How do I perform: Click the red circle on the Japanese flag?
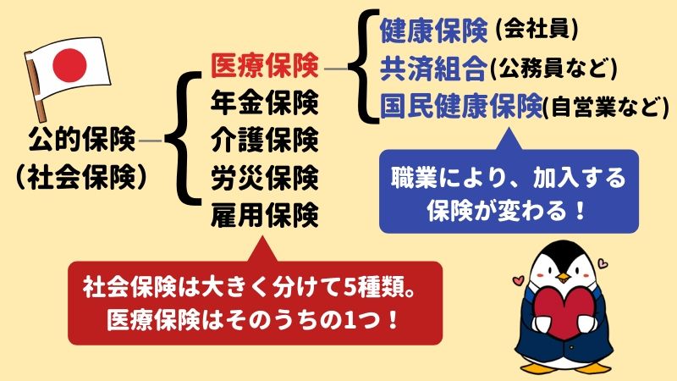tap(69, 65)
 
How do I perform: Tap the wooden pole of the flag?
tap(36, 87)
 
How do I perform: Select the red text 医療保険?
tap(265, 66)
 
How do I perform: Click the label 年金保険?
tap(265, 102)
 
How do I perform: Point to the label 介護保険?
tap(265, 140)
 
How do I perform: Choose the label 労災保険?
tap(265, 178)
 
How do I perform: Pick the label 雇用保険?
tap(265, 215)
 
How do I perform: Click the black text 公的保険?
tap(81, 139)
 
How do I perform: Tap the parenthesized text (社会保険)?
tap(81, 177)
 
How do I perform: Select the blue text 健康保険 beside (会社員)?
tap(434, 30)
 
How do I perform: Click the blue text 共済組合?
tap(434, 69)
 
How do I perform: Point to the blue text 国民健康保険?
tap(461, 106)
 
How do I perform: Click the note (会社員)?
tap(537, 30)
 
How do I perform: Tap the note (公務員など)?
tap(554, 69)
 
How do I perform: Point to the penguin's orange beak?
tap(563, 277)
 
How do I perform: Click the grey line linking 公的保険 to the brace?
tap(151, 141)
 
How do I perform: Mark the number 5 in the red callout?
tap(350, 288)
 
